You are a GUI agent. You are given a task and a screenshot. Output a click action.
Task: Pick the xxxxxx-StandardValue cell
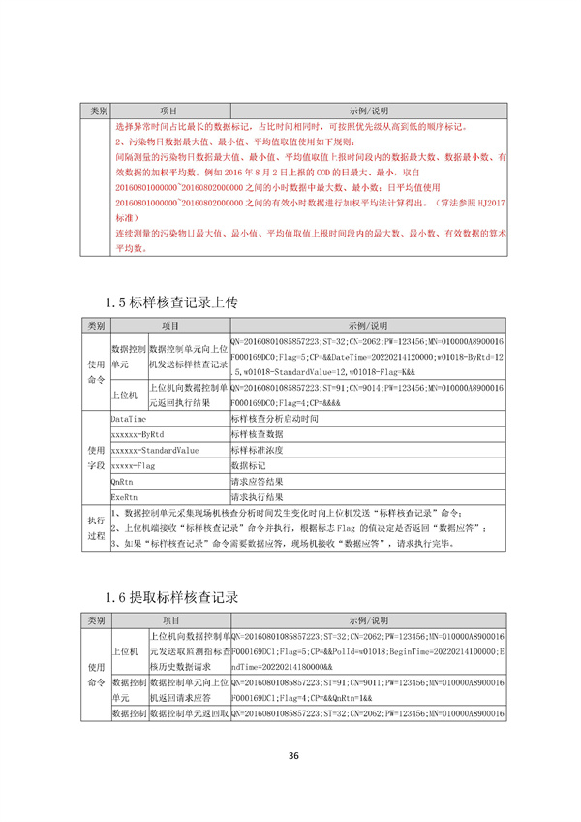coord(155,451)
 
